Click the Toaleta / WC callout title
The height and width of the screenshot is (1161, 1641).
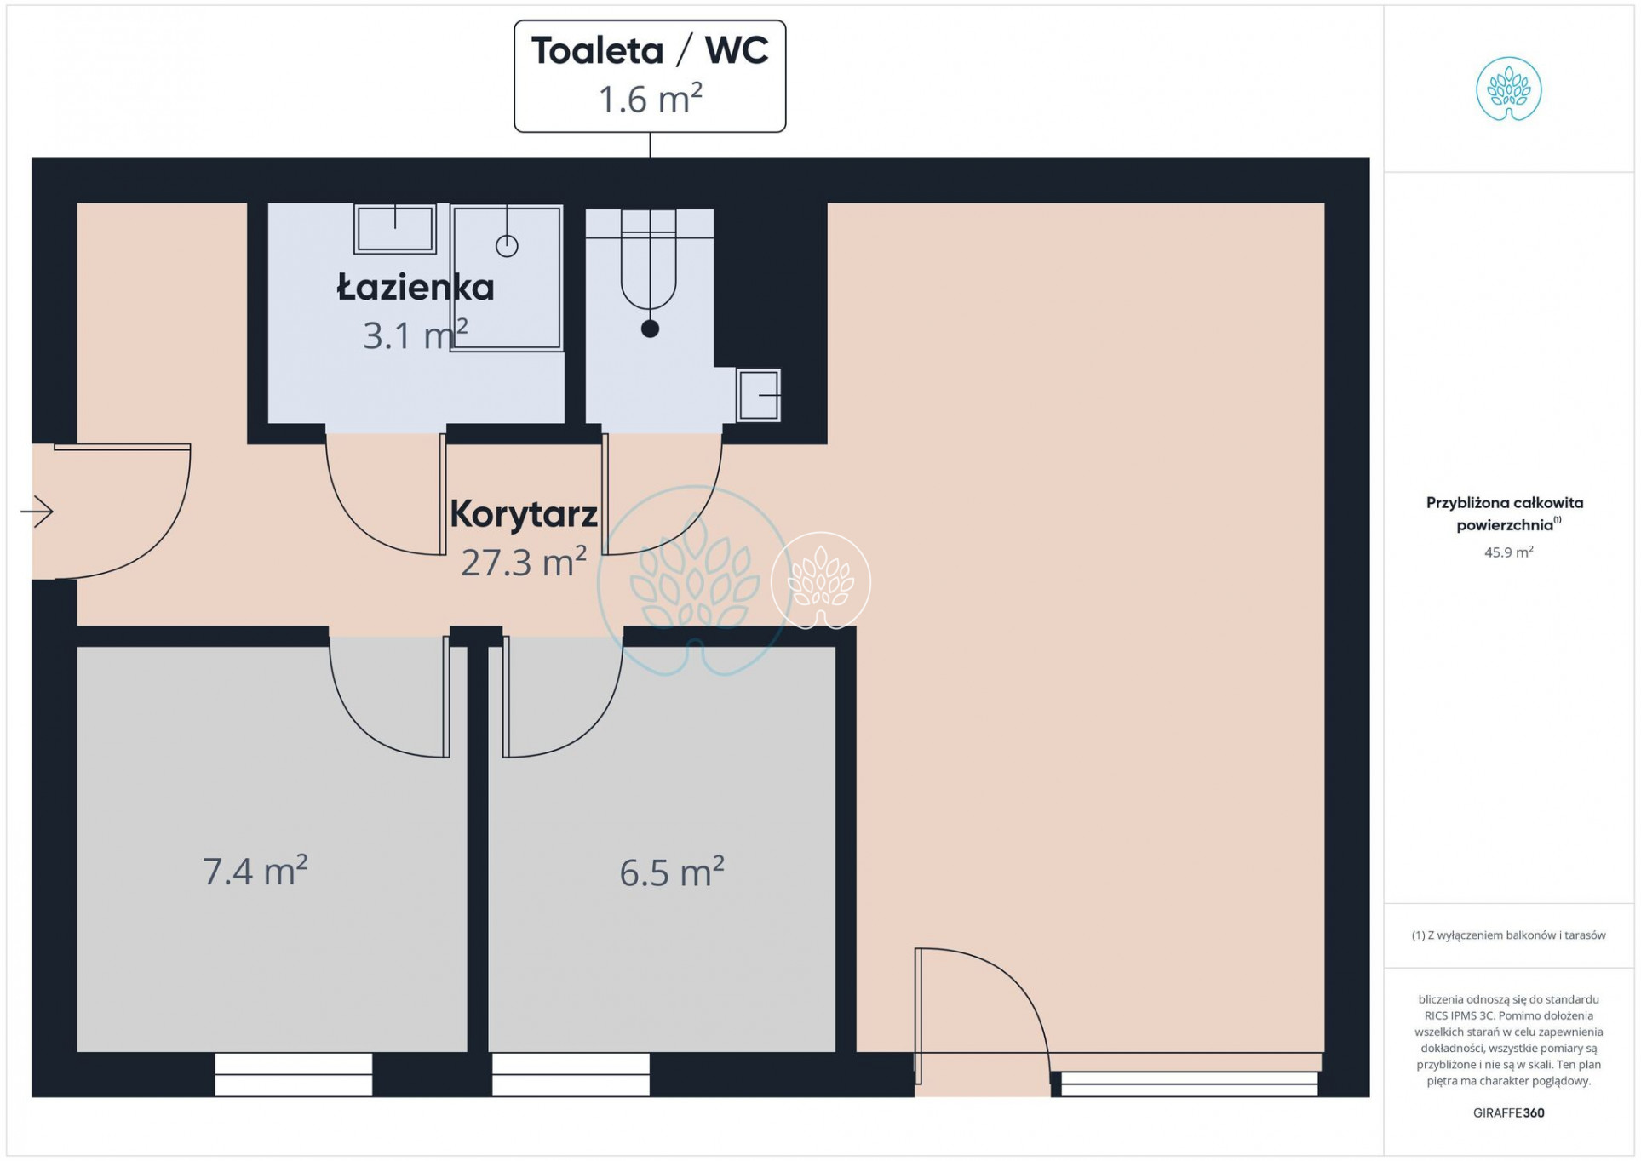pos(650,50)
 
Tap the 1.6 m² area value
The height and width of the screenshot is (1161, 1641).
pos(650,99)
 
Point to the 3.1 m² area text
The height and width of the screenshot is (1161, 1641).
pos(416,334)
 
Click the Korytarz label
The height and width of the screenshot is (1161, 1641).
pos(524,513)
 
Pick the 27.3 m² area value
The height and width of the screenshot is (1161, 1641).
pos(524,562)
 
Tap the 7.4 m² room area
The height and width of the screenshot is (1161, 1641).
pos(255,871)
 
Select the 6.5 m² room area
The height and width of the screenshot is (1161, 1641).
pos(672,872)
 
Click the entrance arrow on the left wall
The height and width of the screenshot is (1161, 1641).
pos(37,511)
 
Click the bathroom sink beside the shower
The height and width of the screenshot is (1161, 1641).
pos(395,228)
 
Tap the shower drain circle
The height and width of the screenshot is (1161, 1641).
pos(507,246)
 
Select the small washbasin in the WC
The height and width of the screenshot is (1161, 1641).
pos(758,395)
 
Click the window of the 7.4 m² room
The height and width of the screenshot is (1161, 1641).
pos(293,1074)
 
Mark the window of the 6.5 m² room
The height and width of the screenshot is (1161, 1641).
pos(571,1074)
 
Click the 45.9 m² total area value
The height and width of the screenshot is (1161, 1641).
pos(1508,552)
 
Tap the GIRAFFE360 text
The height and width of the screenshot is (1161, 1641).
pos(1508,1112)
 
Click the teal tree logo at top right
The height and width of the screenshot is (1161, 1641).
pos(1508,89)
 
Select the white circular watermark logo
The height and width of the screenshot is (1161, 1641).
pos(820,581)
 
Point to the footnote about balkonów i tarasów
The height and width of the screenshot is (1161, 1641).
pos(1508,935)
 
